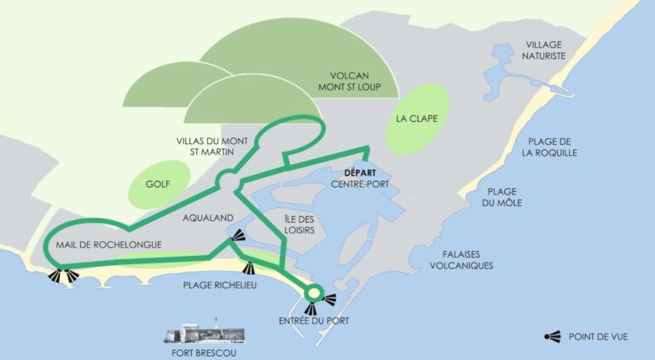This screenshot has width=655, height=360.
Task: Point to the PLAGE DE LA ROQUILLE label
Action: click(x=552, y=147)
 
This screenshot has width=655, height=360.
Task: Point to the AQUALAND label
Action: click(x=208, y=218)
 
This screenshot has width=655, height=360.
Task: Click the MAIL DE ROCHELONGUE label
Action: click(x=108, y=245)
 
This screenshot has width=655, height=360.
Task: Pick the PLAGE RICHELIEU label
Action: click(x=220, y=286)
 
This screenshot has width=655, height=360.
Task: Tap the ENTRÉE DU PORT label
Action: click(x=314, y=321)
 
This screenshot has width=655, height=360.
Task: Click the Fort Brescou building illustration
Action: click(x=205, y=334)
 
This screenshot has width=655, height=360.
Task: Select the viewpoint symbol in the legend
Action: click(x=552, y=336)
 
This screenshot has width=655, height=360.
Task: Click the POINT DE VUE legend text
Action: click(x=598, y=337)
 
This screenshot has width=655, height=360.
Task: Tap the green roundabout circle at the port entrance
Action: click(x=313, y=293)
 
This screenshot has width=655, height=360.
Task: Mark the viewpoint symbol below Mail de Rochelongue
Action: click(x=62, y=275)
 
